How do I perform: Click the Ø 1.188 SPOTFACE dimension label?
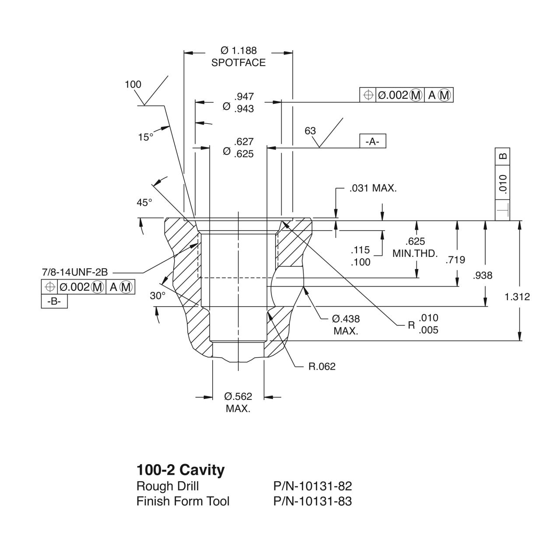pyautogui.click(x=238, y=57)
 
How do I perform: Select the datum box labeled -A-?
pyautogui.click(x=373, y=141)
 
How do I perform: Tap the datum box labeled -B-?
pyautogui.click(x=54, y=302)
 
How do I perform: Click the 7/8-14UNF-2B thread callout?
pyautogui.click(x=75, y=272)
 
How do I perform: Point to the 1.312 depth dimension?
pyautogui.click(x=517, y=297)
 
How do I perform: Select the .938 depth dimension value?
pyautogui.click(x=483, y=276)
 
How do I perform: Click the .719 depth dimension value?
pyautogui.click(x=455, y=260)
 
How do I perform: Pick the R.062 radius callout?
pyautogui.click(x=322, y=367)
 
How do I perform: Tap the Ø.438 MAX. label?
pyautogui.click(x=346, y=325)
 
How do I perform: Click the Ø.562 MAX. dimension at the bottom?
pyautogui.click(x=238, y=402)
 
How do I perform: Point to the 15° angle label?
pyautogui.click(x=146, y=137)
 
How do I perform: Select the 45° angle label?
pyautogui.click(x=144, y=203)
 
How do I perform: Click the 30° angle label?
pyautogui.click(x=157, y=296)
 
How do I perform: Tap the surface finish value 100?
pyautogui.click(x=133, y=85)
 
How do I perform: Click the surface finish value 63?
pyautogui.click(x=310, y=131)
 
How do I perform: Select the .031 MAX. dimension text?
pyautogui.click(x=373, y=189)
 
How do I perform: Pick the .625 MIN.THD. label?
pyautogui.click(x=415, y=248)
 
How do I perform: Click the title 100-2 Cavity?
pyautogui.click(x=181, y=470)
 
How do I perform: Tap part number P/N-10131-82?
pyautogui.click(x=312, y=486)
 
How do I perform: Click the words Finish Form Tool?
pyautogui.click(x=183, y=501)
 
